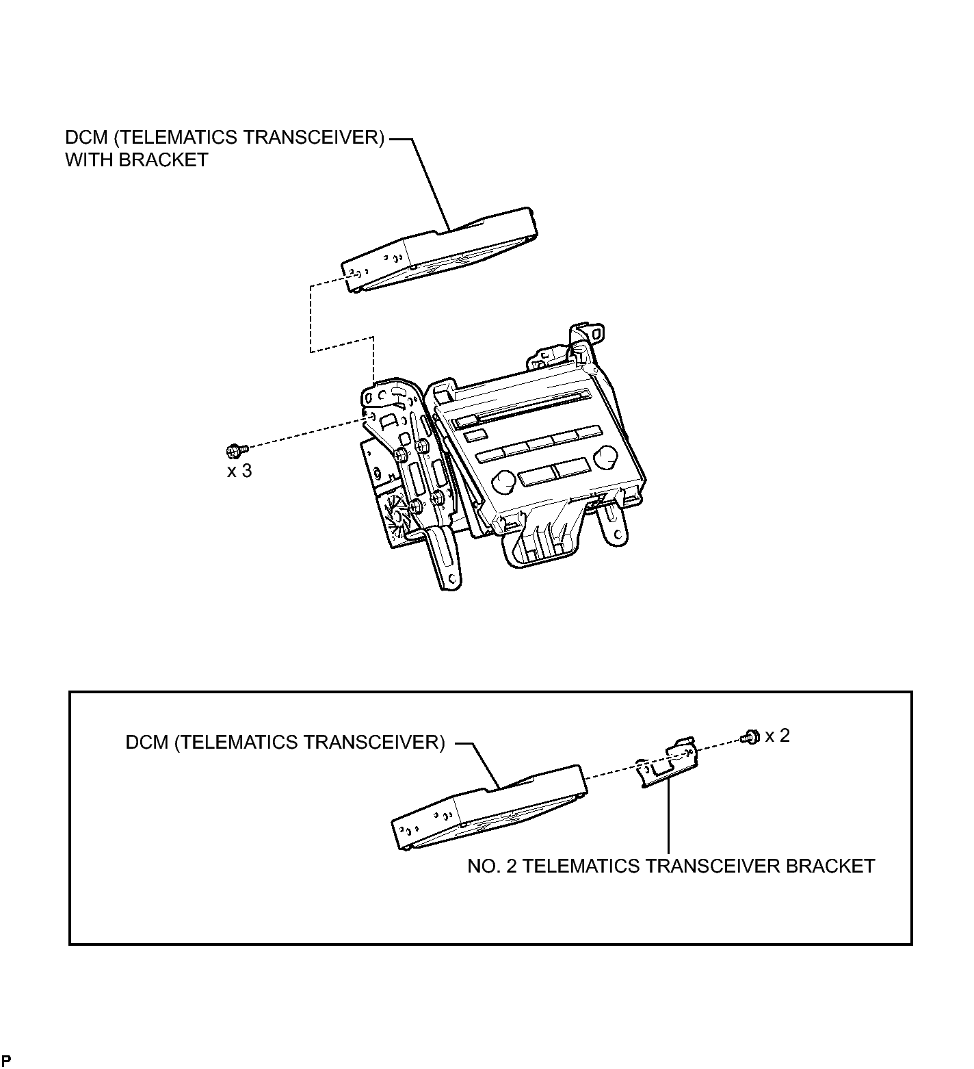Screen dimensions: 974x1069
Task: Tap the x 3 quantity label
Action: [239, 471]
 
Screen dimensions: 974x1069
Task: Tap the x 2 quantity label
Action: [778, 736]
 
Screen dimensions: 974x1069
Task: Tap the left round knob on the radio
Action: [504, 481]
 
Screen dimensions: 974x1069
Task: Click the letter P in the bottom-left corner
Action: [7, 1061]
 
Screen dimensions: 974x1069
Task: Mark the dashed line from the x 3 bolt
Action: [305, 432]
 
